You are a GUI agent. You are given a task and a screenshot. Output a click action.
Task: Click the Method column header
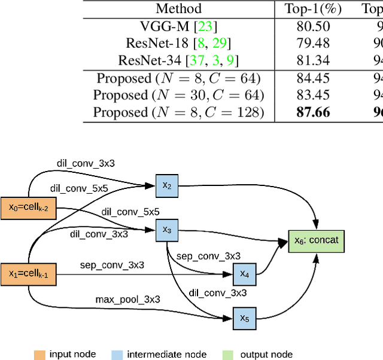click(x=178, y=8)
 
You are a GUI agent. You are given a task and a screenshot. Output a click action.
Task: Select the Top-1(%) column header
click(x=313, y=8)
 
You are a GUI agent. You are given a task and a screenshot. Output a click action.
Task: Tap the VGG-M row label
click(x=178, y=26)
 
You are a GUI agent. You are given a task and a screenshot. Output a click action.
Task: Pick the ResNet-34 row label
click(x=178, y=60)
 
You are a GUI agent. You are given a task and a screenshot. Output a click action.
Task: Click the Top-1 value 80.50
click(x=313, y=26)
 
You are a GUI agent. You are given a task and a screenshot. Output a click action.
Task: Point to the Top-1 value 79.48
click(x=313, y=43)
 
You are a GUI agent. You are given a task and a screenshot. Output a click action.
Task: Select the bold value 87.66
click(x=313, y=112)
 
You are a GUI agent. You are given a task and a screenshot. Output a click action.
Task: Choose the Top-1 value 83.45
click(x=313, y=95)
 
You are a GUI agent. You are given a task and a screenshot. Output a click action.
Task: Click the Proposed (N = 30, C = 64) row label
click(x=178, y=95)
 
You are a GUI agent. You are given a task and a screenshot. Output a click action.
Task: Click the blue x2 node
click(x=167, y=186)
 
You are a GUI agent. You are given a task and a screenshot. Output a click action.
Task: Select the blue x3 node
click(x=167, y=230)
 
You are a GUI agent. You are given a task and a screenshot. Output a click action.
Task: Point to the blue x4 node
click(x=244, y=274)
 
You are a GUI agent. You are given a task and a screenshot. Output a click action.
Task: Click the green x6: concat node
click(x=317, y=240)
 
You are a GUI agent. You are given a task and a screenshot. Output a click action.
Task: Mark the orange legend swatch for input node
click(x=39, y=355)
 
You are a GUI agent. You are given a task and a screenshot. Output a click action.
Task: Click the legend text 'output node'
click(x=266, y=355)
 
